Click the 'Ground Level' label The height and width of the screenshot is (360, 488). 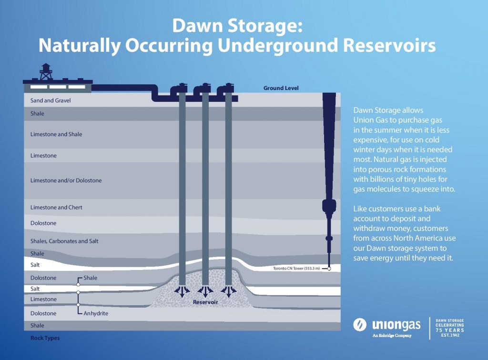[281, 88]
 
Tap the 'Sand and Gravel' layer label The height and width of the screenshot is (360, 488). [51, 101]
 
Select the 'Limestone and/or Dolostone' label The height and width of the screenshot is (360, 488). [66, 180]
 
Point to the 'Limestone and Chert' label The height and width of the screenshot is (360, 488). [56, 208]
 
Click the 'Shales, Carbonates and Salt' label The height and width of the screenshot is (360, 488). [64, 241]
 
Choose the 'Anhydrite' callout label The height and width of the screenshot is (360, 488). [96, 313]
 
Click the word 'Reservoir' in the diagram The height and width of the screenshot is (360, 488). [205, 302]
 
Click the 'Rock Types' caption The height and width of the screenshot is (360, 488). [45, 338]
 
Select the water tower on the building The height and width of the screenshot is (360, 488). [46, 71]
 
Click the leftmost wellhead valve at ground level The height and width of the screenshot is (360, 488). [181, 89]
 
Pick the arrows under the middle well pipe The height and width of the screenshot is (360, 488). [205, 291]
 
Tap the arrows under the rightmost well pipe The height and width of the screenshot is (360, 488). [229, 291]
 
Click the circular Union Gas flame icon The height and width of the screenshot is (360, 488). [360, 325]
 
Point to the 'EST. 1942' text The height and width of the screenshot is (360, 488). [449, 335]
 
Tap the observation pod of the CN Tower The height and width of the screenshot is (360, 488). [329, 208]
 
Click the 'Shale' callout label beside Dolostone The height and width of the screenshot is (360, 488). [91, 278]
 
